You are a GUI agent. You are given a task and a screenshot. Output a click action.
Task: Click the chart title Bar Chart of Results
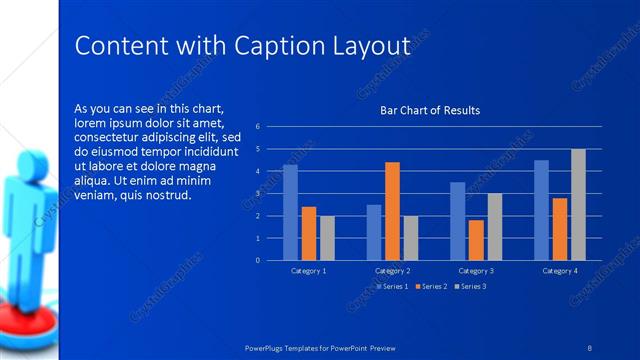coord(430,110)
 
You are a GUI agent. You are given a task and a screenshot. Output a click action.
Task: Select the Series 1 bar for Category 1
coord(290,212)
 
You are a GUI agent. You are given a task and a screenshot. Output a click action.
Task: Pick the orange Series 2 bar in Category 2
coord(392,211)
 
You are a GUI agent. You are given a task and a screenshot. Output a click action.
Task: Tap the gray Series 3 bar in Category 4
coord(578,204)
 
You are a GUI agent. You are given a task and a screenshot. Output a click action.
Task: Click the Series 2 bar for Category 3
coord(476,240)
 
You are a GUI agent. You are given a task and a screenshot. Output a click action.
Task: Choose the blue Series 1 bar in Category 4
coord(541,210)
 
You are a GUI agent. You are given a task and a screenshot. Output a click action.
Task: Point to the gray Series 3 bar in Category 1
coord(327,238)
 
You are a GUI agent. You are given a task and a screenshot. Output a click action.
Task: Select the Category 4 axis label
coord(560,271)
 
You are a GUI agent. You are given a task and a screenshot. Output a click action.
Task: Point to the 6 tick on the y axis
coord(258,127)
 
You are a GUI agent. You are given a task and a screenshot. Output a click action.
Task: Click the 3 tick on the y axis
coord(258,194)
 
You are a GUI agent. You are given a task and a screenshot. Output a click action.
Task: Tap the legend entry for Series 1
coord(392,287)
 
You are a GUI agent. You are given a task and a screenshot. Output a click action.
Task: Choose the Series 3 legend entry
coord(470,287)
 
